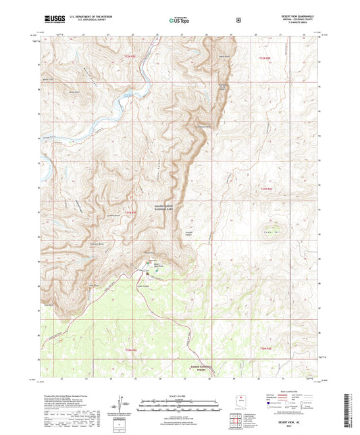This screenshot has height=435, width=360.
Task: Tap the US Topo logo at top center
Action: click(178, 21)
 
